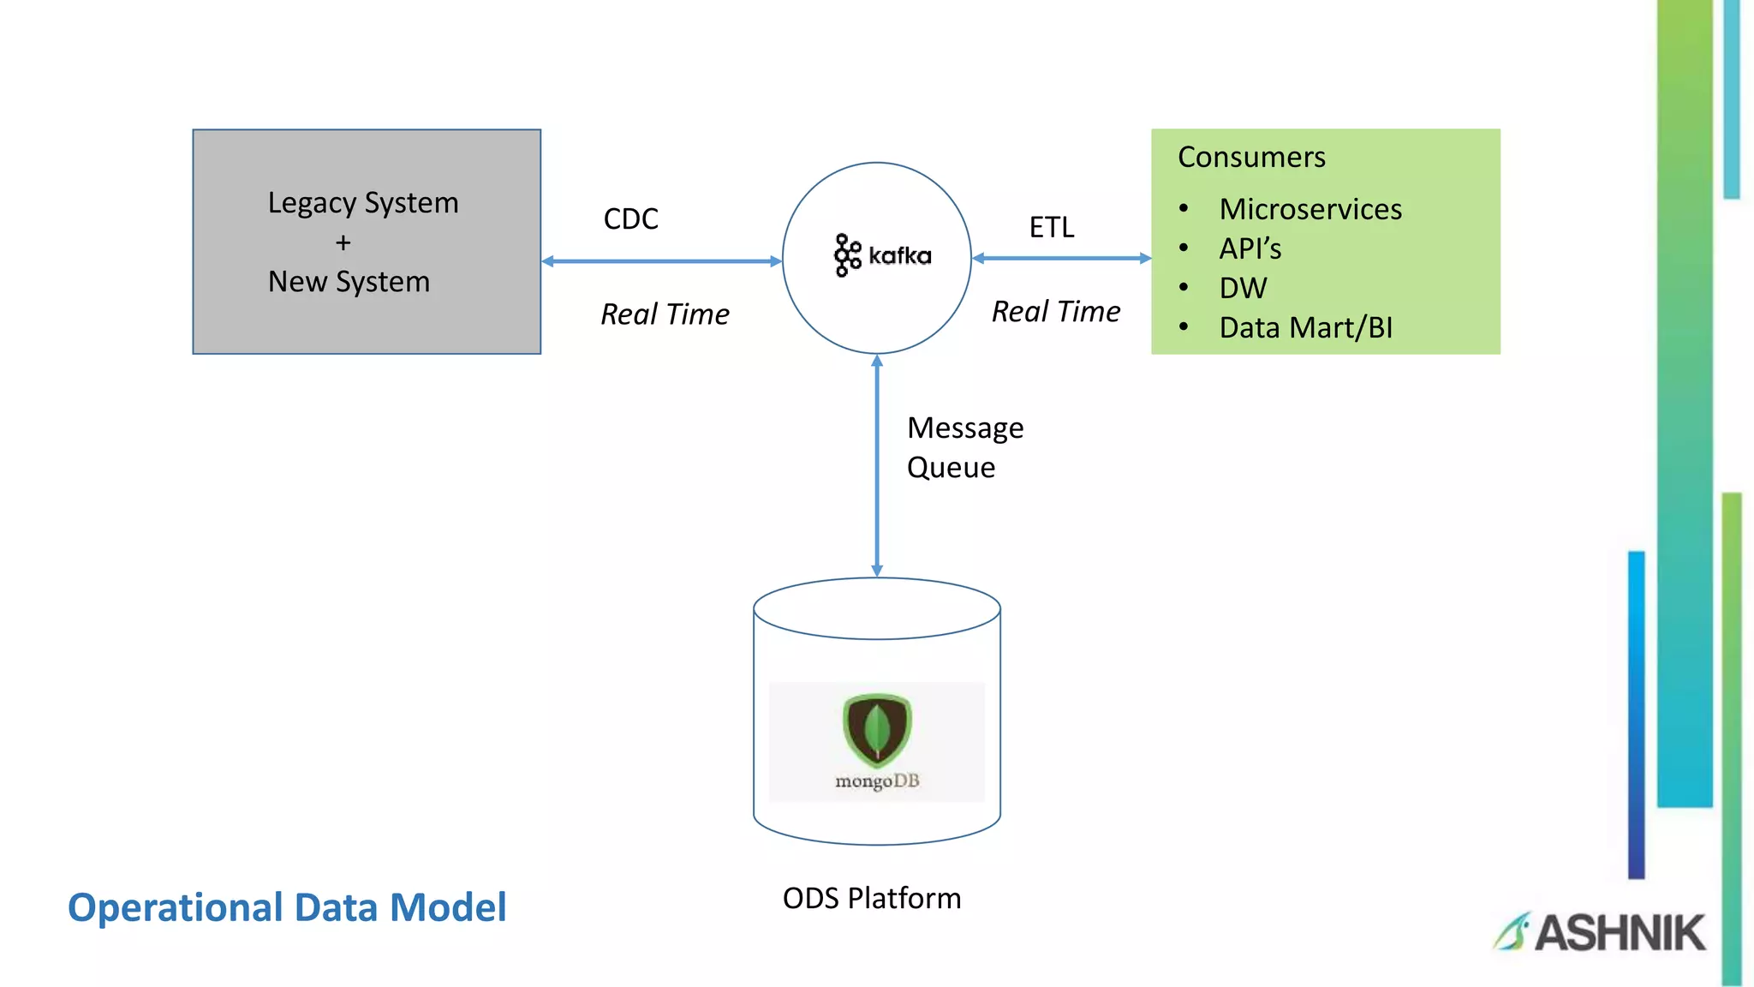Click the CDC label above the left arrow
(630, 219)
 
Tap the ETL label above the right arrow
(1051, 228)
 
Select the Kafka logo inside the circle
(882, 255)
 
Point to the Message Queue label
(964, 447)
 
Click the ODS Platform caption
(871, 898)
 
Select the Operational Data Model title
(287, 907)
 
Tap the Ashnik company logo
(1600, 932)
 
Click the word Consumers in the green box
(1250, 158)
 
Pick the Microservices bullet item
(1310, 209)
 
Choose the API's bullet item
(1250, 248)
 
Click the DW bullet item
(1242, 288)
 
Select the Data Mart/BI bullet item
(1305, 328)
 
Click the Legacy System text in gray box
(363, 203)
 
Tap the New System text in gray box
(349, 282)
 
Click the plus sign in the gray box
(343, 243)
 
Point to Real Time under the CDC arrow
(665, 314)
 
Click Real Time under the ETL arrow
(1055, 312)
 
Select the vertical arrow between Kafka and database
(876, 466)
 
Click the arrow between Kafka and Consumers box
(1061, 258)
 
